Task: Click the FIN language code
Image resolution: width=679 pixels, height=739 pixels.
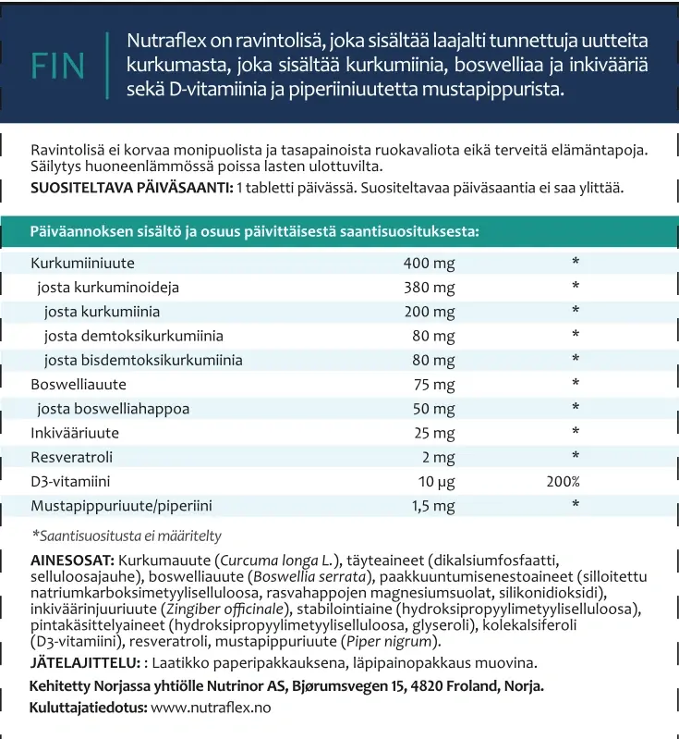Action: point(57,66)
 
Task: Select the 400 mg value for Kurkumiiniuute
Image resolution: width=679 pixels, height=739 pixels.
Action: point(429,264)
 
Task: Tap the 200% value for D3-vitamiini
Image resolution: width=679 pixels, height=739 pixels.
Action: point(563,481)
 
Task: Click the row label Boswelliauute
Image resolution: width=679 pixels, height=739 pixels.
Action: point(79,384)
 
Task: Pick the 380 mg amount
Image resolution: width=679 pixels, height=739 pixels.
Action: point(429,288)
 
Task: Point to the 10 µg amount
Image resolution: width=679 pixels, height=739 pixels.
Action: point(436,481)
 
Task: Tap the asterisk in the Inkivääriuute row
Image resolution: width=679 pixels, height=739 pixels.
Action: point(576,432)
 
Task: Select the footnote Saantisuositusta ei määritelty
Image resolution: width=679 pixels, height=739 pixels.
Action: point(127,536)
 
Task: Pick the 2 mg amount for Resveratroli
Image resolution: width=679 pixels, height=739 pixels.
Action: point(438,456)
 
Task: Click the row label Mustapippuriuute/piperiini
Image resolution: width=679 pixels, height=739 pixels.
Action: point(122,505)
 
